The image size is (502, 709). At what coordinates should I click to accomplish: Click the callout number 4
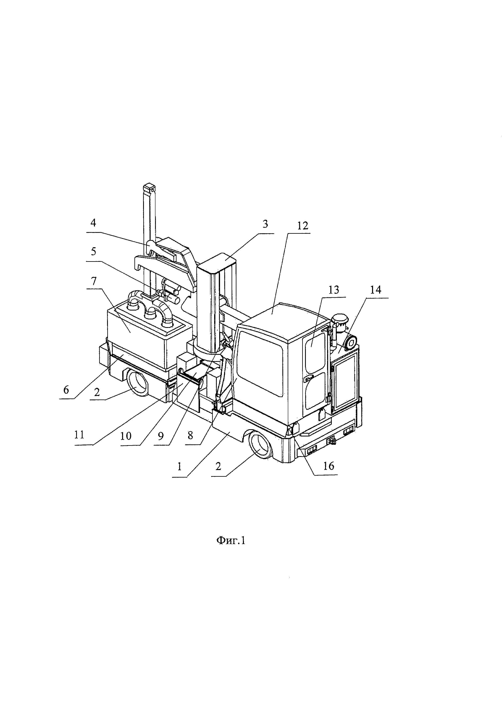[93, 223]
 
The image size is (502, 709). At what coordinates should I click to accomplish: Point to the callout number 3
[265, 224]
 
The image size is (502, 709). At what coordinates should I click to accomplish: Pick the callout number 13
[334, 290]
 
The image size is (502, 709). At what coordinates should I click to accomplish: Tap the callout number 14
[375, 290]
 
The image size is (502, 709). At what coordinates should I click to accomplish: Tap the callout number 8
[190, 435]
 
